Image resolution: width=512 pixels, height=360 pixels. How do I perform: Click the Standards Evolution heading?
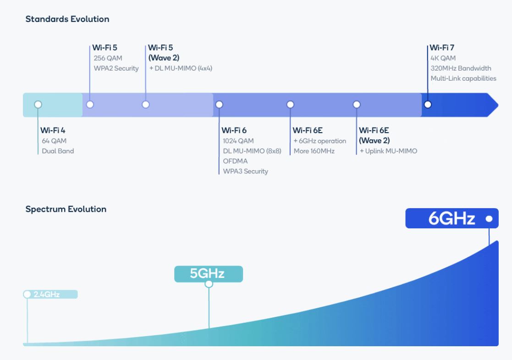pos(67,19)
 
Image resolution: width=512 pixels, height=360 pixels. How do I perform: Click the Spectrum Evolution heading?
pos(66,209)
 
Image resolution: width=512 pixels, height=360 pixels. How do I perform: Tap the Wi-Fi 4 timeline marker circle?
pos(38,105)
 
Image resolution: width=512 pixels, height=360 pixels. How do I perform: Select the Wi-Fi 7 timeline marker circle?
pos(428,105)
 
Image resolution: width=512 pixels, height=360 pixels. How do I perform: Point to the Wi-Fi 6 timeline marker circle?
pos(219,105)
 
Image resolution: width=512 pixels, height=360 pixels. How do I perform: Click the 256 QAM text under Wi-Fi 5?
pos(108,58)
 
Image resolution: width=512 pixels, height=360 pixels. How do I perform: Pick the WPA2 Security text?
pos(116,68)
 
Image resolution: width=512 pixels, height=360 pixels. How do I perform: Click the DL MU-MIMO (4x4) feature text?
pos(181,68)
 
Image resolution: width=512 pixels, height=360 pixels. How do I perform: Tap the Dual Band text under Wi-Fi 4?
pos(58,151)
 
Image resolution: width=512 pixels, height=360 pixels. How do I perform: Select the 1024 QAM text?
pos(238,141)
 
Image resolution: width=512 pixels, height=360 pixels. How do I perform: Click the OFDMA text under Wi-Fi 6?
pos(236,161)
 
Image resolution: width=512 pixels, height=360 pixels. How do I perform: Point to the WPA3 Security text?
pos(245,171)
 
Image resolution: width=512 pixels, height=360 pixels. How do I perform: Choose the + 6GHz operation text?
pos(320,141)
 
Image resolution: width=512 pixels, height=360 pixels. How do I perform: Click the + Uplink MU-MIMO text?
pos(388,151)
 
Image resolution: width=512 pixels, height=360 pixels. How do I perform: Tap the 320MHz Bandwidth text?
pos(461,68)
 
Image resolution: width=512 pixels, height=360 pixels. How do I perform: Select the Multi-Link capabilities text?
pos(463,78)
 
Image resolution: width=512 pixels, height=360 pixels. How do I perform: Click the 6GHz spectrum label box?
pos(451,218)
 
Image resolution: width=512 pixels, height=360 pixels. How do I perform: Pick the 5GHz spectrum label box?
pos(208,274)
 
